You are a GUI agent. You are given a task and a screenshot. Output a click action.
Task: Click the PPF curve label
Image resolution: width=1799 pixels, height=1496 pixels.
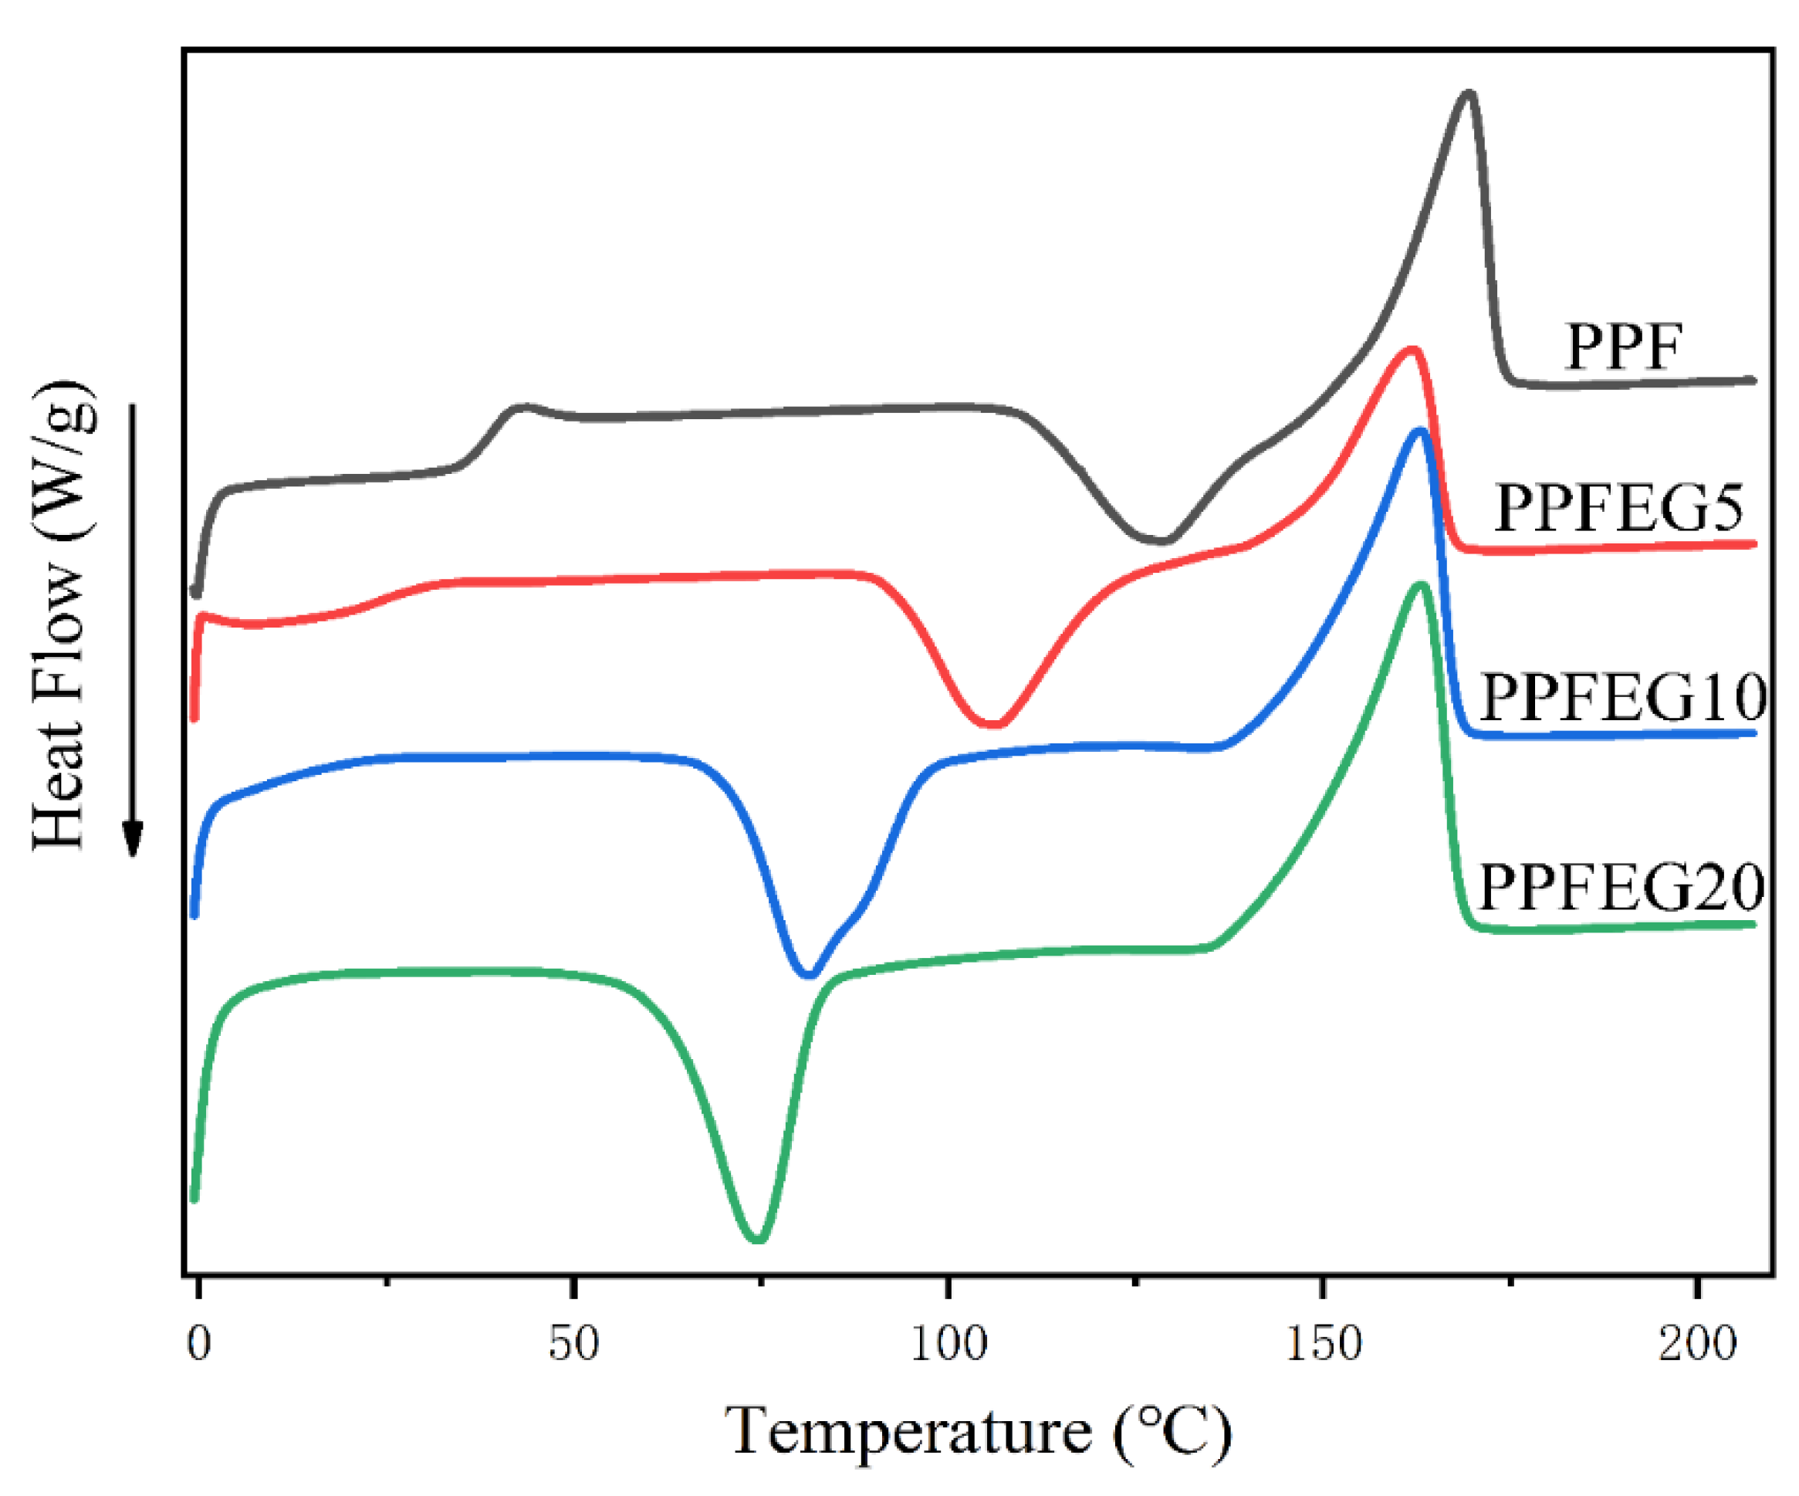click(x=1623, y=347)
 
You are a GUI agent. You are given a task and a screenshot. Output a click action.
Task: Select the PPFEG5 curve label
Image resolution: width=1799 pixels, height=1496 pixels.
click(x=1618, y=508)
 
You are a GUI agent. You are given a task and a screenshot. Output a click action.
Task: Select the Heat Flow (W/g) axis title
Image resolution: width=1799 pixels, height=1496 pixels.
click(x=62, y=615)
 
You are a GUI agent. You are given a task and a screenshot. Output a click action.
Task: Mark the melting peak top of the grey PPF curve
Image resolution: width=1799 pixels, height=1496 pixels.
click(x=1469, y=94)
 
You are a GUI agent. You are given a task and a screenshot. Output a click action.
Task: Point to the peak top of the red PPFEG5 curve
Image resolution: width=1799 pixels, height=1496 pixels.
click(x=1412, y=350)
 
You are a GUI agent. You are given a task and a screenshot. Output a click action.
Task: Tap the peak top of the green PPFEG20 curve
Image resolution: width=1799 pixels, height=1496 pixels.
click(x=1420, y=586)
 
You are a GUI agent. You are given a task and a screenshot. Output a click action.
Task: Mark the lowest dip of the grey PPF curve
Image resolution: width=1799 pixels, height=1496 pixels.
click(x=1162, y=540)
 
